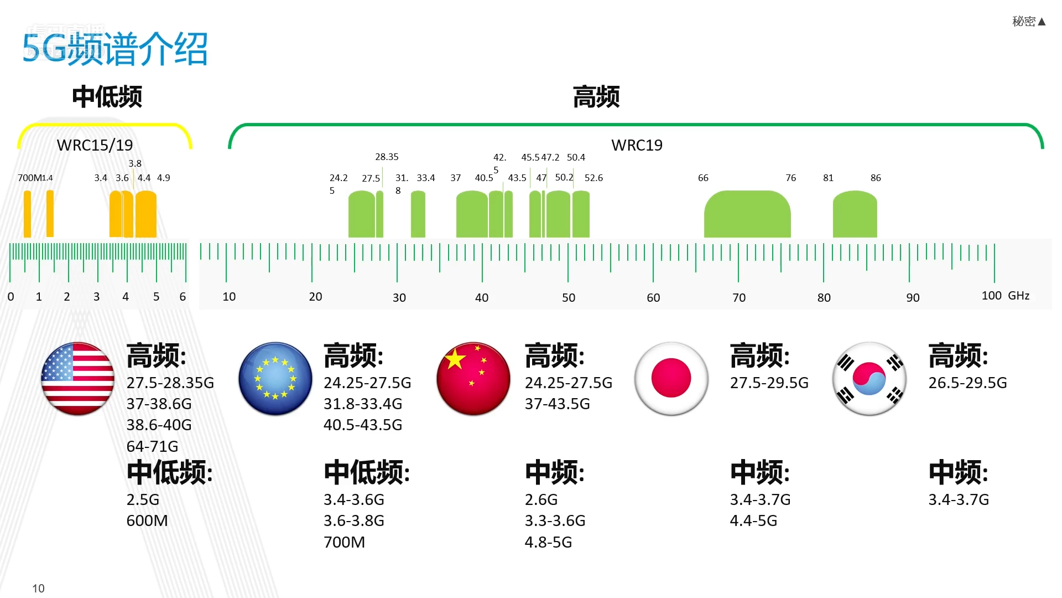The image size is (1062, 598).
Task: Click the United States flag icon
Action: click(x=77, y=379)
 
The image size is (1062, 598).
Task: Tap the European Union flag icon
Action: click(x=275, y=379)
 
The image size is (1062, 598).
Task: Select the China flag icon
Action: click(x=473, y=379)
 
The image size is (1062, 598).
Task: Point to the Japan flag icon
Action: click(x=671, y=379)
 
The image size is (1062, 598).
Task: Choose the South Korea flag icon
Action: click(x=869, y=379)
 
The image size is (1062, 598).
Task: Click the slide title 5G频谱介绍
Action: click(x=115, y=49)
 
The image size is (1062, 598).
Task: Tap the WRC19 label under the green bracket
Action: click(x=637, y=145)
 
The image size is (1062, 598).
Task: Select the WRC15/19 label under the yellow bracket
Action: click(x=95, y=145)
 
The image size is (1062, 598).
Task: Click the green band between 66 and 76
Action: click(x=747, y=215)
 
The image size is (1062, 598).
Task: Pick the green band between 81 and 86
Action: click(x=855, y=215)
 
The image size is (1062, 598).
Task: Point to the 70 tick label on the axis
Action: click(x=739, y=298)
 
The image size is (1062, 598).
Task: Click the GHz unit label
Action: click(x=1018, y=296)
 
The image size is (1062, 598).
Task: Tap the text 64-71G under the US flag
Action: click(x=152, y=446)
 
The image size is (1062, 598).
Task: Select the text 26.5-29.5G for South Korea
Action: click(x=967, y=383)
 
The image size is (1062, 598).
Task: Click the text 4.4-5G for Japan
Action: click(x=753, y=520)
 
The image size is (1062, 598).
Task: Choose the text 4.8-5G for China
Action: click(x=548, y=542)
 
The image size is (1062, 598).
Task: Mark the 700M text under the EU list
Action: click(x=344, y=542)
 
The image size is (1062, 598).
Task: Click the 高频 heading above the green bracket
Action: click(x=596, y=97)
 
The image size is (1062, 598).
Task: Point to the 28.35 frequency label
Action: click(x=387, y=157)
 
